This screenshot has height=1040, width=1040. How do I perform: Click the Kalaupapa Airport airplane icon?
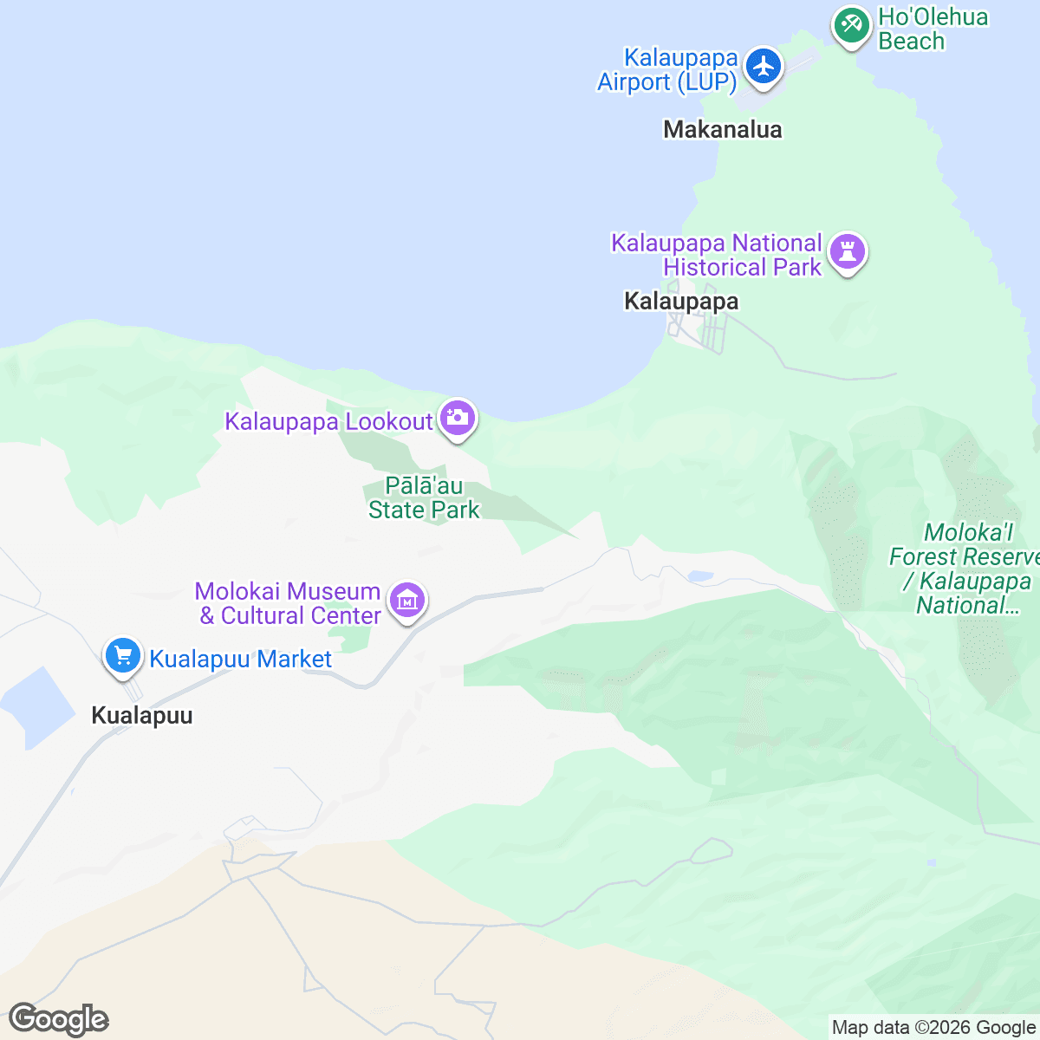pyautogui.click(x=764, y=66)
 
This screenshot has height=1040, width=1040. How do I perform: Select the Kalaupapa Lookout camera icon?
pyautogui.click(x=457, y=419)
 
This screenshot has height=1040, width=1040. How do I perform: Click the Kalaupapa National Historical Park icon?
pyautogui.click(x=848, y=252)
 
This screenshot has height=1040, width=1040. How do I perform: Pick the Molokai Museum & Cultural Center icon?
pyautogui.click(x=406, y=599)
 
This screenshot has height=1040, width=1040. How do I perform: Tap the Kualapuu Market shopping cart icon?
pyautogui.click(x=123, y=655)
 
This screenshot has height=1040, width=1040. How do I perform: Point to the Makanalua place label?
pyautogui.click(x=722, y=130)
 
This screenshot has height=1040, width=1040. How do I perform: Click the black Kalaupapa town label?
pyautogui.click(x=681, y=302)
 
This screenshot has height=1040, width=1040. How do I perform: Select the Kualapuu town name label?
pyautogui.click(x=142, y=716)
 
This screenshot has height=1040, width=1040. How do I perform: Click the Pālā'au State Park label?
pyautogui.click(x=424, y=498)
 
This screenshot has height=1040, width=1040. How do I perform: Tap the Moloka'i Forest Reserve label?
pyautogui.click(x=964, y=569)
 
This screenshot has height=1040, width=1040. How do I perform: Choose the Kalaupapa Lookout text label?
pyautogui.click(x=328, y=422)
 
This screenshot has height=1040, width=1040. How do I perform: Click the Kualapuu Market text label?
pyautogui.click(x=240, y=660)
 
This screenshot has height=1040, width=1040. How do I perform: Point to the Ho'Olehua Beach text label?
pyautogui.click(x=932, y=29)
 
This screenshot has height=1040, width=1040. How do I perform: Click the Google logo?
pyautogui.click(x=58, y=1019)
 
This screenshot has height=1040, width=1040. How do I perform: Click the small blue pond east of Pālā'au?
pyautogui.click(x=699, y=575)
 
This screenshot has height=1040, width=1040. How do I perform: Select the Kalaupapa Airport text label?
pyautogui.click(x=667, y=70)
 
